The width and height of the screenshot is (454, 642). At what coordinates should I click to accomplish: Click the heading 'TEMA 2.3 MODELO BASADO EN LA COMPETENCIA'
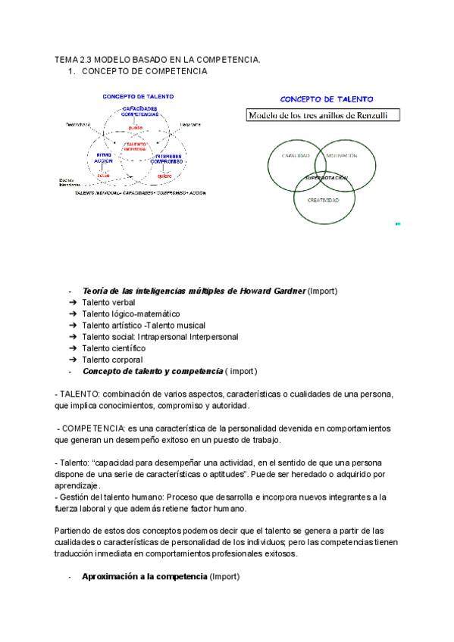point(157,60)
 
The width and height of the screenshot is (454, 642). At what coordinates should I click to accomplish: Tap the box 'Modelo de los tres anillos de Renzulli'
point(324,116)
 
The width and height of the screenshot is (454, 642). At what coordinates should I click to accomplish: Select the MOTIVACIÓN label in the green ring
point(342,155)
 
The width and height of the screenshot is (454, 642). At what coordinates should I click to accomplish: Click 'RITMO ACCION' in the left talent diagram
point(104,158)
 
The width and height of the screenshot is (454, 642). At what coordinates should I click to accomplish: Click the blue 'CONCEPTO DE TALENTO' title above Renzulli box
point(321,99)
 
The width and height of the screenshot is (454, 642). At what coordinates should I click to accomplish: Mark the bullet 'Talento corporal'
point(112,360)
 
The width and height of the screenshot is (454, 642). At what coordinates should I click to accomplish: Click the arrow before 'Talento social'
point(72,337)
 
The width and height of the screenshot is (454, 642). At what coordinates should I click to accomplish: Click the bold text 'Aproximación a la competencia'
point(144,577)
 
